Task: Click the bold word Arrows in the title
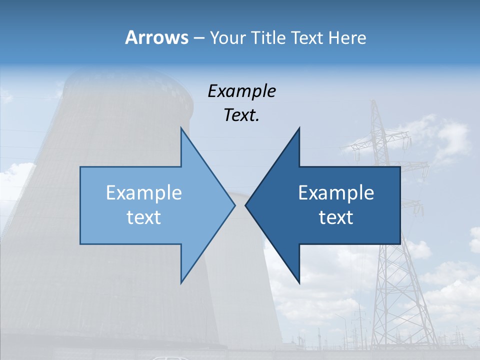[x=156, y=37]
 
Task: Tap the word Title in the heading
[x=268, y=37]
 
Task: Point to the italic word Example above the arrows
[x=242, y=91]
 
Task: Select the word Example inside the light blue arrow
[x=144, y=193]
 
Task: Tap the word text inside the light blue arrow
[x=144, y=217]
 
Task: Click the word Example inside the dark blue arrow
[x=336, y=193]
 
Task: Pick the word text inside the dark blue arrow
[x=336, y=217]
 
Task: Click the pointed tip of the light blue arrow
[x=234, y=205]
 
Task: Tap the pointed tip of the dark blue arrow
[x=246, y=205]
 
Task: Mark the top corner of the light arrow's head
[x=181, y=129]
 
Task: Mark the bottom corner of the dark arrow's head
[x=299, y=282]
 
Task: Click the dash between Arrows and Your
[x=198, y=38]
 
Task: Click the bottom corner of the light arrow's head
[x=181, y=282]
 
